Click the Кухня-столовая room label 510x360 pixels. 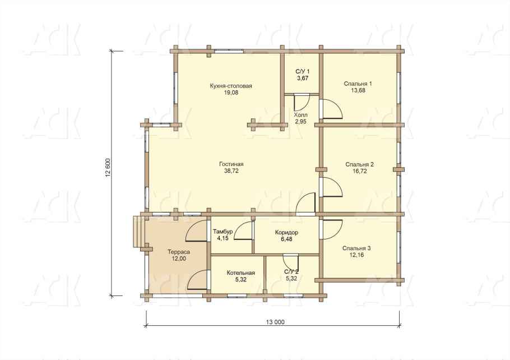click(231, 86)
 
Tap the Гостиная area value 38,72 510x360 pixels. click(231, 170)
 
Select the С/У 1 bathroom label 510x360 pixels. click(303, 72)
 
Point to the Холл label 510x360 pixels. click(300, 115)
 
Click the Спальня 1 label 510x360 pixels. click(358, 84)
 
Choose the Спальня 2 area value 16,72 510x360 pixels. click(359, 171)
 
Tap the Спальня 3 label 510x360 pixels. click(356, 248)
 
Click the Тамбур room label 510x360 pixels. click(223, 232)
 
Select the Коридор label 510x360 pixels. click(286, 232)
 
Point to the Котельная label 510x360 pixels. click(240, 273)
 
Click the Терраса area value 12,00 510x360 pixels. click(179, 259)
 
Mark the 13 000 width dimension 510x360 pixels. click(275, 322)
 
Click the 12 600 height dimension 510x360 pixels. click(108, 167)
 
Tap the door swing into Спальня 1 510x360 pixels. click(332, 109)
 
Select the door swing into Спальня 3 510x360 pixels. click(332, 230)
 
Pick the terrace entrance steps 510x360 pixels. click(138, 232)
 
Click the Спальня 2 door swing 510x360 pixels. click(332, 187)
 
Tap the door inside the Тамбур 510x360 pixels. click(243, 230)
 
